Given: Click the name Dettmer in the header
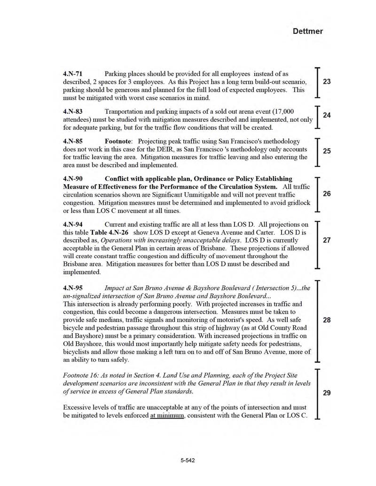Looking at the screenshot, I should point(308,31).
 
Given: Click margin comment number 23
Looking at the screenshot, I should point(327,82).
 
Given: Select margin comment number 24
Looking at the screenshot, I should point(327,115).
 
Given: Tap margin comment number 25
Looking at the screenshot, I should point(327,151).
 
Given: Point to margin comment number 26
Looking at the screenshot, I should point(327,194).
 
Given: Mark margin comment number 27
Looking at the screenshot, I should point(327,240).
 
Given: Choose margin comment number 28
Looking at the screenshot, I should point(327,320).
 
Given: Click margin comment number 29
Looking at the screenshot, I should point(327,393).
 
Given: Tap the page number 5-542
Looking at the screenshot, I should point(188,461).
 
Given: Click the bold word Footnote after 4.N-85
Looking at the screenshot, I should point(118,141).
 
